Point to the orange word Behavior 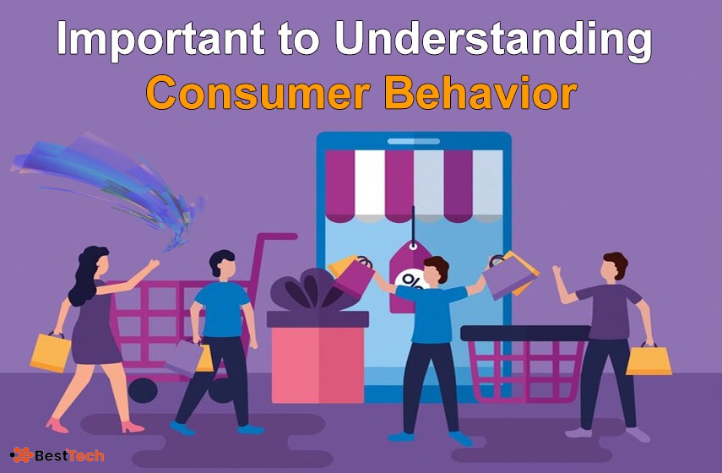[x=480, y=93]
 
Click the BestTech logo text [x=69, y=456]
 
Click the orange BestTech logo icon [x=22, y=455]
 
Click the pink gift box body [x=318, y=365]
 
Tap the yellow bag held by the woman [x=50, y=352]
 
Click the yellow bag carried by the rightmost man [x=649, y=360]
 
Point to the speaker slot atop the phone [x=414, y=141]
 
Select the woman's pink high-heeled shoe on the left [x=57, y=425]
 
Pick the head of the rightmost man [x=615, y=268]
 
